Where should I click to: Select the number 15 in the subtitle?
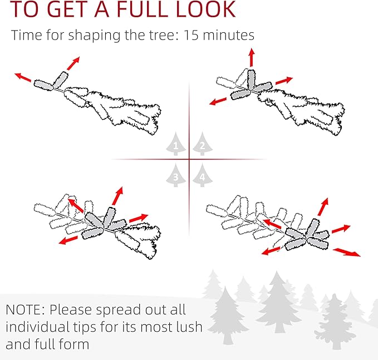[x=191, y=35]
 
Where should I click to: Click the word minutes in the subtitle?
[x=229, y=35]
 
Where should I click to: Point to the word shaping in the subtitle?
[x=94, y=36]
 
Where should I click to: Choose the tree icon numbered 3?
[x=176, y=175]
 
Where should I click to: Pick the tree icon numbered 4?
[x=203, y=175]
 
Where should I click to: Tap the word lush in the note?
[x=189, y=327]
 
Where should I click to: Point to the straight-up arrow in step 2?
[x=252, y=57]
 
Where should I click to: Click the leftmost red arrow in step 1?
[x=23, y=77]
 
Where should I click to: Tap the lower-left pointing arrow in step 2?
[x=218, y=101]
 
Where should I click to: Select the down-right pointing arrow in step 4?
[x=347, y=252]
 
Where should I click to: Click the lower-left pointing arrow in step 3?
[x=68, y=240]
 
